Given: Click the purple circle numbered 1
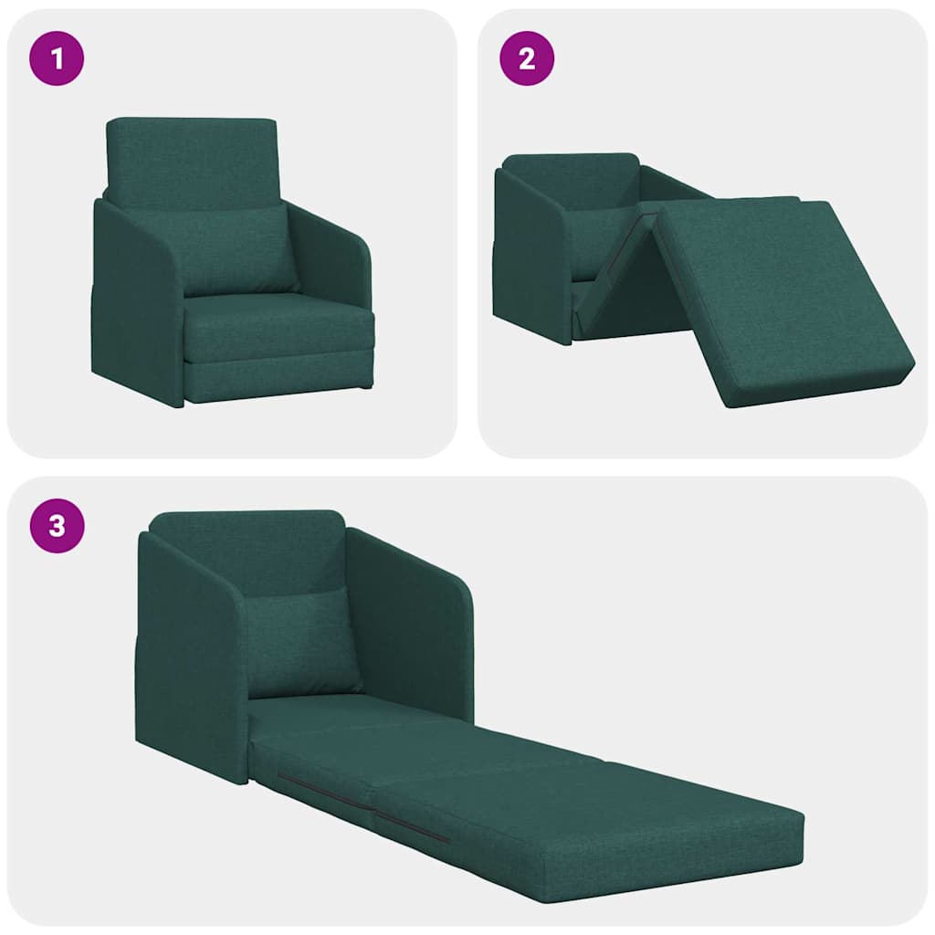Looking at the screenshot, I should click(x=57, y=58).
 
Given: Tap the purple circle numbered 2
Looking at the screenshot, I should click(x=527, y=58).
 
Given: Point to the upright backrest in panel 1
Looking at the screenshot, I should click(x=192, y=160).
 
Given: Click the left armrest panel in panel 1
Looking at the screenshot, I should click(x=137, y=301).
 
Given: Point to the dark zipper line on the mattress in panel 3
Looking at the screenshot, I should click(x=365, y=808).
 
